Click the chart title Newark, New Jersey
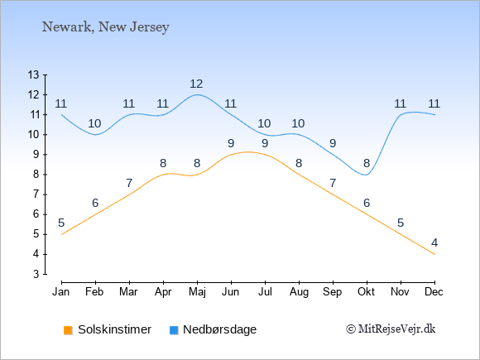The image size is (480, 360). coord(106,27)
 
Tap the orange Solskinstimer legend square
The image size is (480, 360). coord(68,330)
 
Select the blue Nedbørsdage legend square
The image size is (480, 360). coord(174,330)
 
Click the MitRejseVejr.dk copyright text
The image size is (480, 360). coord(391,329)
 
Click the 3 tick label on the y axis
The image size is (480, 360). coord(36,274)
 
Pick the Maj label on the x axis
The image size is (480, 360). coord(197,292)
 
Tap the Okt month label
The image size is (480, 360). coord(366,292)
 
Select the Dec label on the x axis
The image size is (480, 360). coord(434,292)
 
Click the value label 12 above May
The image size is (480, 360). coord(196,84)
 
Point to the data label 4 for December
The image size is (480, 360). coord(434,243)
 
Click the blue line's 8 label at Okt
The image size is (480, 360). coord(367,164)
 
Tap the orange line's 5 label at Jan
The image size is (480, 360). coord(61,223)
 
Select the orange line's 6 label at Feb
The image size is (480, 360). coord(95,203)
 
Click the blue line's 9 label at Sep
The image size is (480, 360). coord(333,143)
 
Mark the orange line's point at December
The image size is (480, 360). coord(434,254)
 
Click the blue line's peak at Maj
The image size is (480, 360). coord(197,94)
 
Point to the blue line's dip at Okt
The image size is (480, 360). coord(367,175)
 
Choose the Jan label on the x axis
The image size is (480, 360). coord(61,292)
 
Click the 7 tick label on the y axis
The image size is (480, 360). coord(36,194)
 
